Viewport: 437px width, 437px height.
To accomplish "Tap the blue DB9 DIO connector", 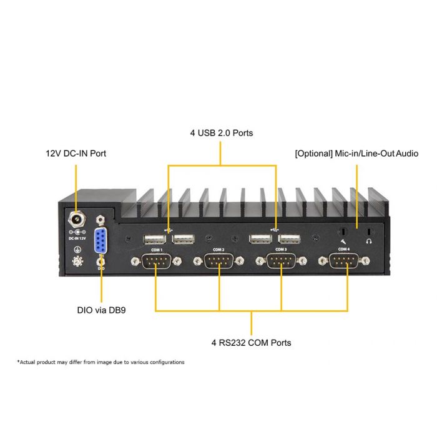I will click(101, 240).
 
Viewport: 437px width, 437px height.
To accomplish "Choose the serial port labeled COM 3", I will click(281, 261).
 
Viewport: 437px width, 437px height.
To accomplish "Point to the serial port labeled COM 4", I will click(343, 261).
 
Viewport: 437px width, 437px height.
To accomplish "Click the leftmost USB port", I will click(153, 239).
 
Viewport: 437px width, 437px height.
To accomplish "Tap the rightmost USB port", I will click(288, 239).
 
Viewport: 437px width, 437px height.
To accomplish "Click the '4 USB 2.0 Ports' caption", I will click(221, 133).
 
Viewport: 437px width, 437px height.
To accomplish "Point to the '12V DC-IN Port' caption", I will click(76, 153).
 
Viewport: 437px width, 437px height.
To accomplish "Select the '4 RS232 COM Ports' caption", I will click(251, 343).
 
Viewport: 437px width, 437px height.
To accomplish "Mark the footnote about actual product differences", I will click(101, 362).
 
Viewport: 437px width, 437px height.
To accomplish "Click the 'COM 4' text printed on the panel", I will click(343, 249).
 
